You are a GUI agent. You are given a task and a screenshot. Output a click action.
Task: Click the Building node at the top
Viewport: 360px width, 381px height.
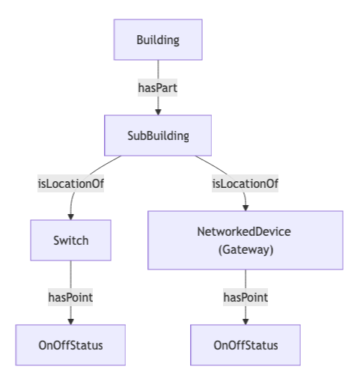(x=158, y=40)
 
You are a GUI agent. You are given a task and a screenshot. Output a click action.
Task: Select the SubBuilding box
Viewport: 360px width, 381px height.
(x=158, y=135)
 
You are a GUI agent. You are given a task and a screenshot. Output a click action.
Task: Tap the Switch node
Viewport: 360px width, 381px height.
(x=70, y=240)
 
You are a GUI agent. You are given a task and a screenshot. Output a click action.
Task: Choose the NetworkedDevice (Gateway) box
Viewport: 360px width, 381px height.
(x=245, y=240)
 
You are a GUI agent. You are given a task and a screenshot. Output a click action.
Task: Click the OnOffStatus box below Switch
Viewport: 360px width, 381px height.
(x=70, y=345)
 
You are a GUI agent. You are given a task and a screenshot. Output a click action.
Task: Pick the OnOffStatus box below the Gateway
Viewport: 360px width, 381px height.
(x=245, y=345)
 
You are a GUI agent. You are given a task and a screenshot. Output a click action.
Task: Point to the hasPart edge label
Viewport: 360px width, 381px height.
(x=158, y=88)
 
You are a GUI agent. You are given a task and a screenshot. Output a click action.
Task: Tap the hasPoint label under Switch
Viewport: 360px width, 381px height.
(x=70, y=297)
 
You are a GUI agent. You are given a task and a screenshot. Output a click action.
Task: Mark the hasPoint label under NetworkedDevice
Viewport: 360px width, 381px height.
(x=245, y=297)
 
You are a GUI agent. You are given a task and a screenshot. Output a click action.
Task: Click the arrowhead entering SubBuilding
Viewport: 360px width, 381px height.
(x=158, y=112)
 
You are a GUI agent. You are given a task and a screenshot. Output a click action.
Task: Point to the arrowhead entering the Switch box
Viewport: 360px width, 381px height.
(x=70, y=216)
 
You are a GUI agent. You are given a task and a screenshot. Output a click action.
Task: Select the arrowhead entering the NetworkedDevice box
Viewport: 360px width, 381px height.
(x=245, y=207)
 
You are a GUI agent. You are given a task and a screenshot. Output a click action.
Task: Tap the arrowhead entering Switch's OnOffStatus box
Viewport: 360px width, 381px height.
(x=70, y=321)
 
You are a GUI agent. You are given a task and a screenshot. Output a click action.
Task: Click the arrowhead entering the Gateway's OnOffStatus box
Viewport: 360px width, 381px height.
(x=245, y=321)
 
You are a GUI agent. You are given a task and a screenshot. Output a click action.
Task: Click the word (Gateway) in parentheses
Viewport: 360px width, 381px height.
(x=245, y=249)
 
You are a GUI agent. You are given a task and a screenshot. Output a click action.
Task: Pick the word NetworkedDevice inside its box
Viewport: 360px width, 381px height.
(x=245, y=231)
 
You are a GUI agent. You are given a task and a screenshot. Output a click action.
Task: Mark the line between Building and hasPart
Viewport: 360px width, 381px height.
(x=158, y=70)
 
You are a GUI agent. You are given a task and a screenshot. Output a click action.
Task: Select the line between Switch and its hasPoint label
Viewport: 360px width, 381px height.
(x=70, y=274)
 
